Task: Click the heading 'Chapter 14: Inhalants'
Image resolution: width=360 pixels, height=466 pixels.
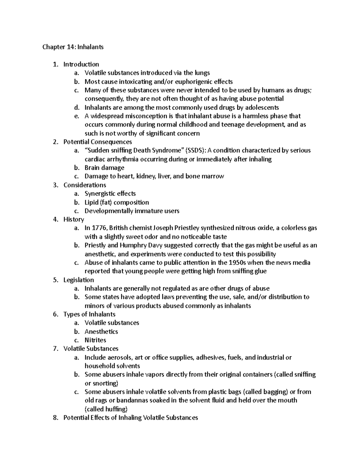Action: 73,47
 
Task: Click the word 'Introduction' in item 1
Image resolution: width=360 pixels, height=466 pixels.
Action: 81,64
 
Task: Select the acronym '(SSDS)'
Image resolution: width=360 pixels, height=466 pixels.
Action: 196,150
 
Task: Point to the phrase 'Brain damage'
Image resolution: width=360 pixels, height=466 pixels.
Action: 104,168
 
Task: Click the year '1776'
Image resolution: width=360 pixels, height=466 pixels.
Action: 99,228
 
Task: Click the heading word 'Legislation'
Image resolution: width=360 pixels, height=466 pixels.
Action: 79,280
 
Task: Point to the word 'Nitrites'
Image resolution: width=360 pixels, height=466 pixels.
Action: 95,340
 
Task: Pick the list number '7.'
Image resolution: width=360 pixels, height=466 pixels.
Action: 55,349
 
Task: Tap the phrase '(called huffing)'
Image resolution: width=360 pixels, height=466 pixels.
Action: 106,409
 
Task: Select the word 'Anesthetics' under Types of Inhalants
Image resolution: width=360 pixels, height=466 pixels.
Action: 101,332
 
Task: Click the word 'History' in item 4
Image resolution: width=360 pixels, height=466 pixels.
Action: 74,219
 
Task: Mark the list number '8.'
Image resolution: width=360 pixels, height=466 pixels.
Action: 55,418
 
